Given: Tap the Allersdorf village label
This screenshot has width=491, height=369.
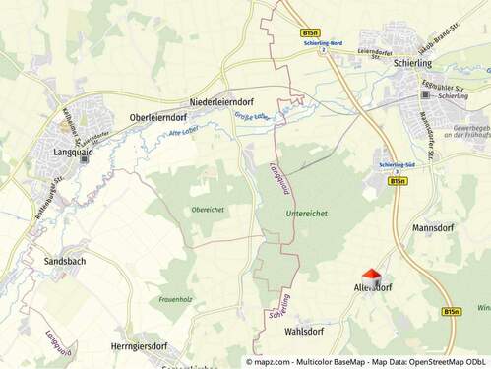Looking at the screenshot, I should click(x=373, y=288).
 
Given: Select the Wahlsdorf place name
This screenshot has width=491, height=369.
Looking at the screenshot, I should click(x=304, y=332).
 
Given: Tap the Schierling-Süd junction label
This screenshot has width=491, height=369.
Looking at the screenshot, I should click(x=397, y=166).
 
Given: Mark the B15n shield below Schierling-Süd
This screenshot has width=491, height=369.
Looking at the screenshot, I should click(x=398, y=181).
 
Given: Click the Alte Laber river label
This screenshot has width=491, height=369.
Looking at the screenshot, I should click(x=184, y=130).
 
